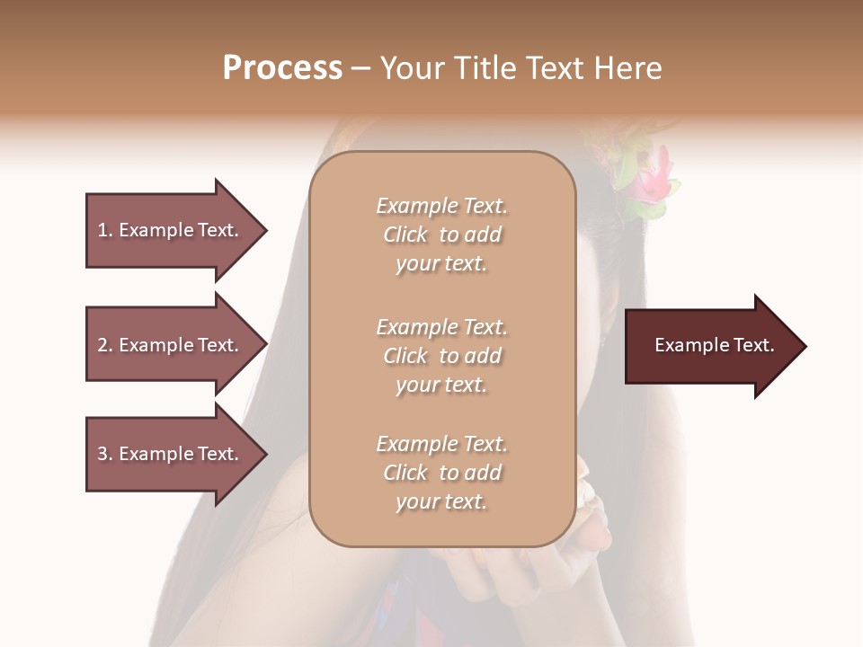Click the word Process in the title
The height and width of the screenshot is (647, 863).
[x=282, y=68]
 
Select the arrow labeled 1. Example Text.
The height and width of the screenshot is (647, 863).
[x=171, y=230]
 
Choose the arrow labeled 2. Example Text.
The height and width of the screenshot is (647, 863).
[x=171, y=345]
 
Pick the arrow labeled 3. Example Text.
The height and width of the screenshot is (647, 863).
[x=171, y=454]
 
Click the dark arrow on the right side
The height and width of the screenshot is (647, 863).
[x=710, y=346]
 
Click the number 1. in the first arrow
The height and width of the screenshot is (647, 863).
[x=105, y=230]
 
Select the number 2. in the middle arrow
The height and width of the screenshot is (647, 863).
[x=105, y=345]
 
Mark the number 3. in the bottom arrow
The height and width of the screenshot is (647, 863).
[x=105, y=454]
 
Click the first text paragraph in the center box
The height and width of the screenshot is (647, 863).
[x=442, y=235]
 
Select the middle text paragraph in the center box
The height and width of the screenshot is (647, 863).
[x=442, y=355]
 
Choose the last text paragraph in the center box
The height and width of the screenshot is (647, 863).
[x=442, y=473]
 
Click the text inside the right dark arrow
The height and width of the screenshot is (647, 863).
[x=714, y=345]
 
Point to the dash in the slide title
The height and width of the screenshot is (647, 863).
[x=360, y=68]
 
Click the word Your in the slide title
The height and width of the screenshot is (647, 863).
[x=413, y=68]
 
